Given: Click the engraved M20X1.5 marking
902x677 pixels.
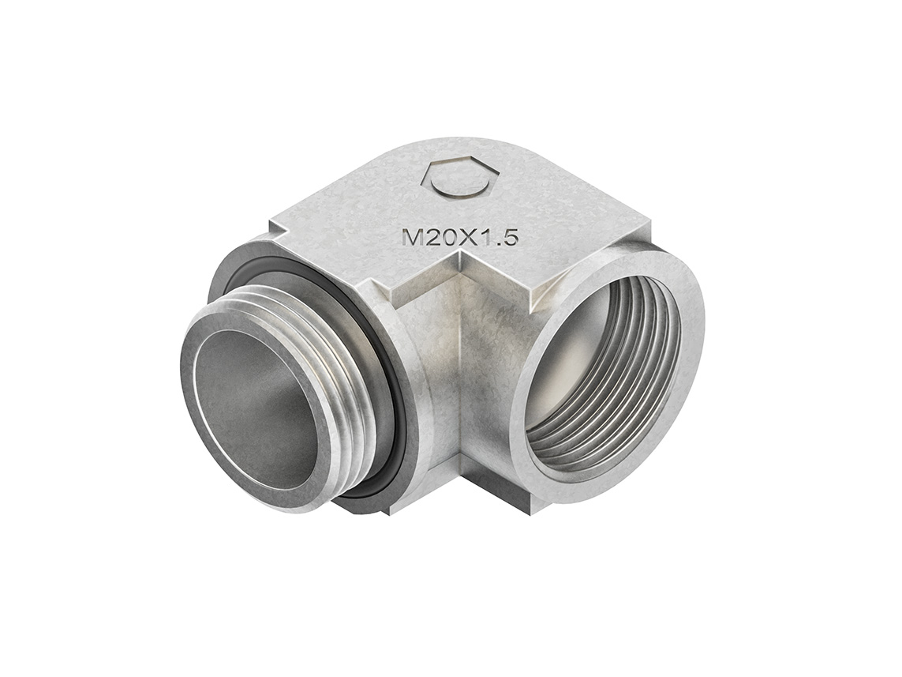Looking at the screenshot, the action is coord(459,237).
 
